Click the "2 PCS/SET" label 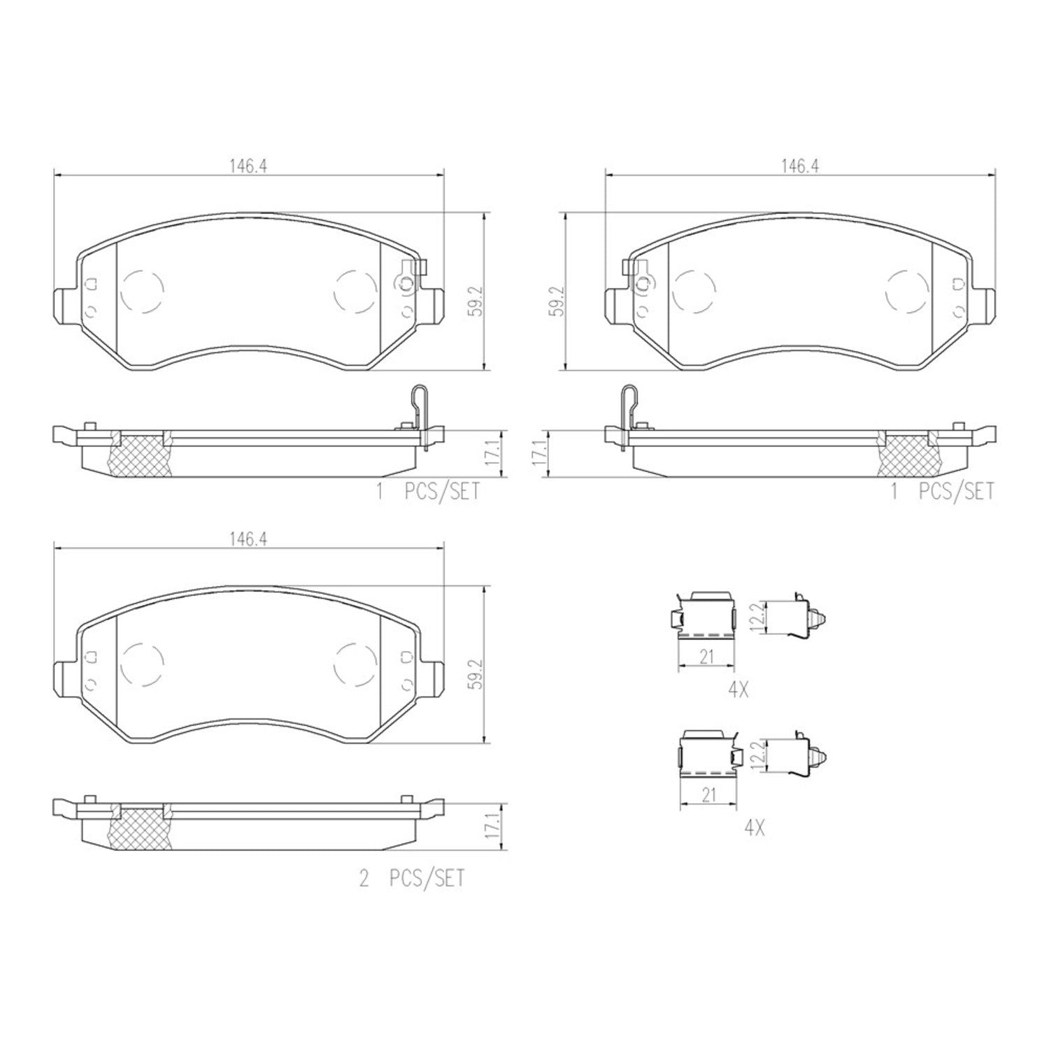tap(412, 878)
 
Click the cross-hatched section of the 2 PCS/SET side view tap(141, 828)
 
